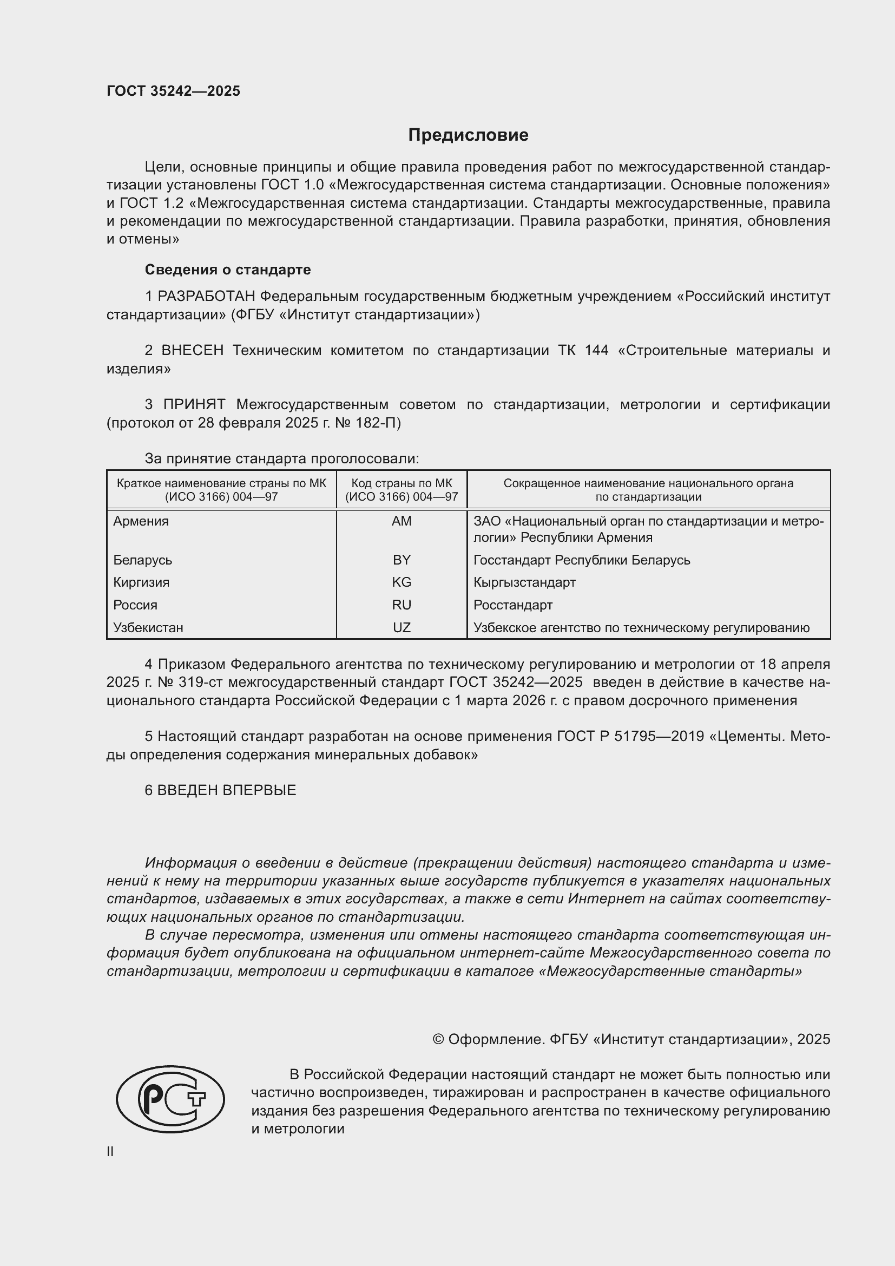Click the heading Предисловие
pos(468,135)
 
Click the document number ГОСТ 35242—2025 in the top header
pos(174,91)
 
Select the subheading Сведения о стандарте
pos(228,270)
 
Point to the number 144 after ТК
pos(597,351)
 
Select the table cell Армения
pos(141,521)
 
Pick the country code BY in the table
pos(401,560)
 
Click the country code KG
pos(401,582)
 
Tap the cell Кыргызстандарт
pos(524,582)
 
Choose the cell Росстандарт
pos(512,605)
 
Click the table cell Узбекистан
pos(148,627)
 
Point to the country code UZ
pos(401,627)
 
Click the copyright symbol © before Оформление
pos(438,1039)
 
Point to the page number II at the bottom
pos(110,1151)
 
